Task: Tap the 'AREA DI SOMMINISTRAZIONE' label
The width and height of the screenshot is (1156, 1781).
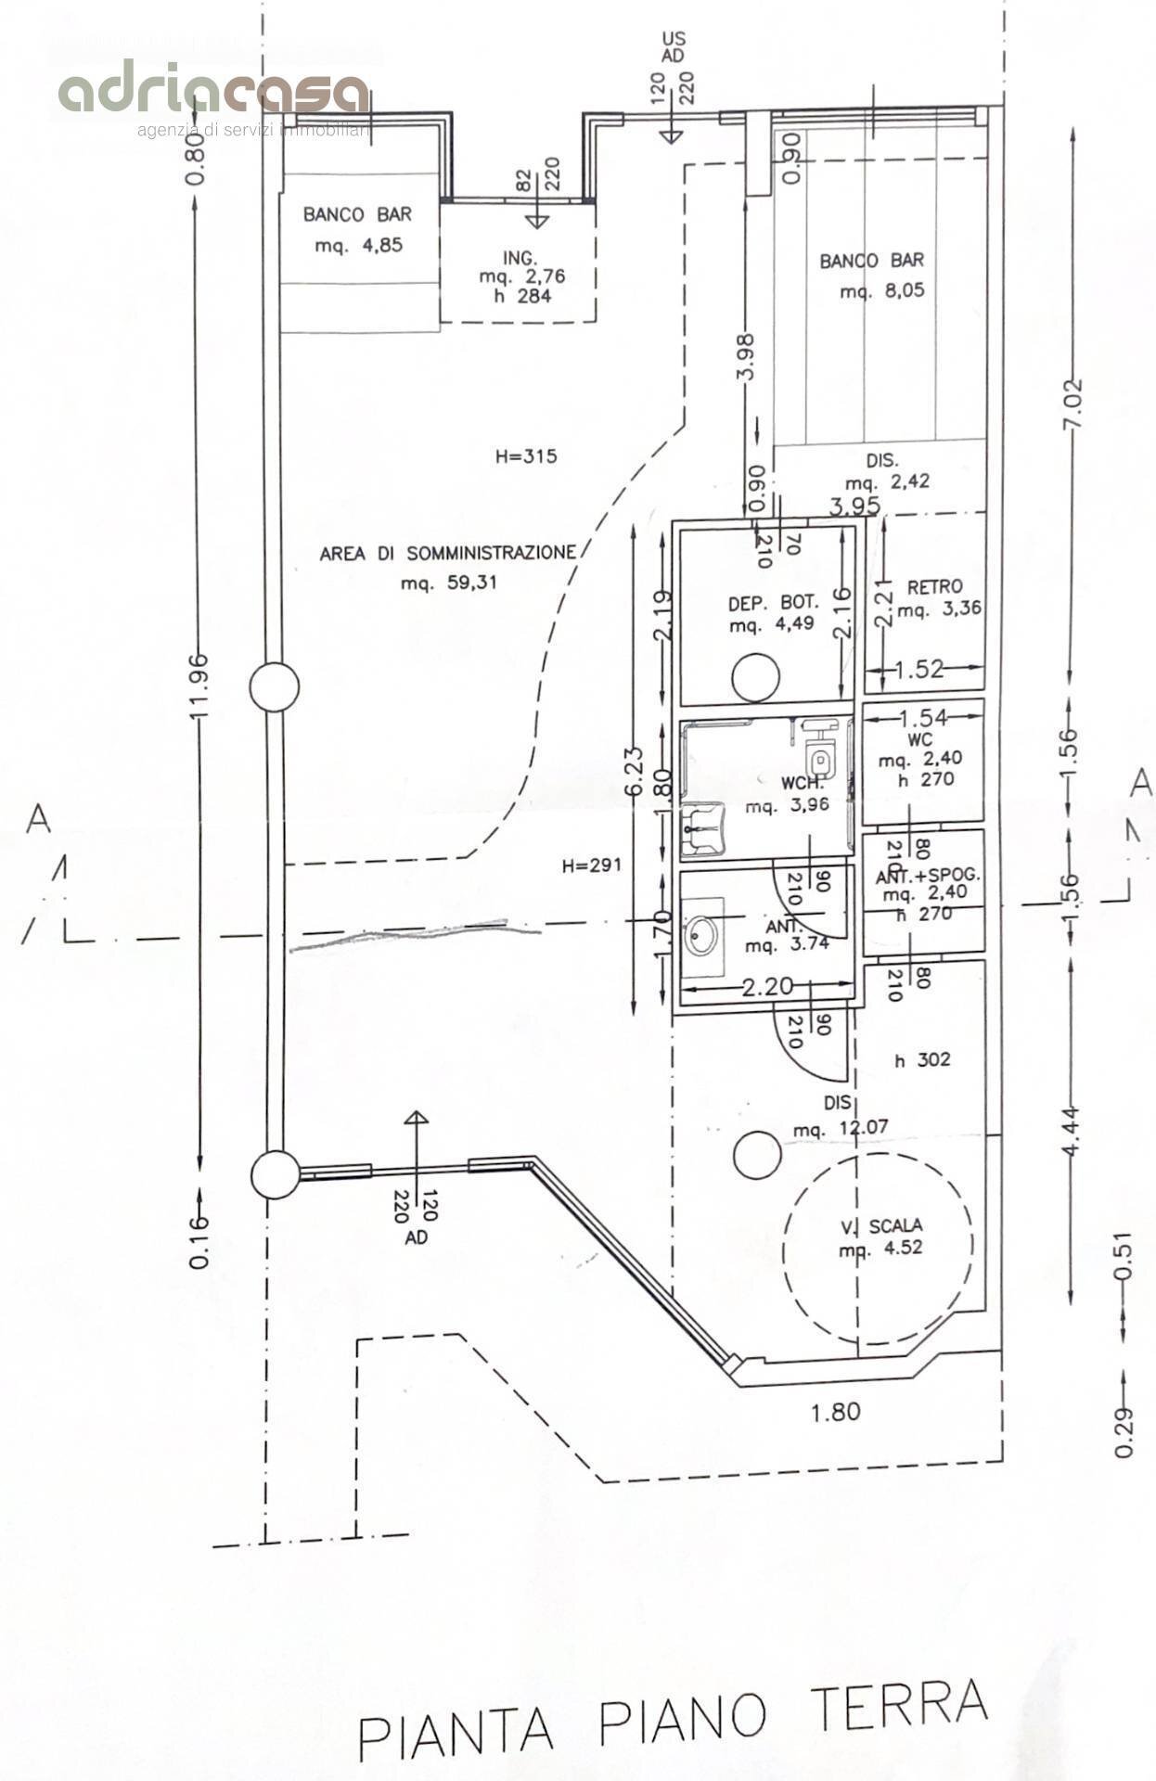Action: click(x=447, y=553)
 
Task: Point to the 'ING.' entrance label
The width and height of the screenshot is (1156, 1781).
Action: click(x=521, y=257)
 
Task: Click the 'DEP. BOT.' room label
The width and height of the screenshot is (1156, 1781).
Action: click(x=773, y=604)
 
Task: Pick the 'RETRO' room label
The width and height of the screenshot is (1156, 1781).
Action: click(x=934, y=587)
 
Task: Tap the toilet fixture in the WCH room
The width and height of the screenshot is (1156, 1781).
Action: click(x=819, y=758)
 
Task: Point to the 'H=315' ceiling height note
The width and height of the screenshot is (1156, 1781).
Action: click(x=525, y=456)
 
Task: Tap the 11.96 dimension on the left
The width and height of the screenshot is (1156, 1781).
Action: click(x=199, y=685)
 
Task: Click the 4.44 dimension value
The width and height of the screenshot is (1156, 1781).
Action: click(x=1071, y=1132)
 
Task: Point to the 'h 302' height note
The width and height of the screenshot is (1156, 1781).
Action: click(x=922, y=1059)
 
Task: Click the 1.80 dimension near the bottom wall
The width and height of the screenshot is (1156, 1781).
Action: click(x=835, y=1412)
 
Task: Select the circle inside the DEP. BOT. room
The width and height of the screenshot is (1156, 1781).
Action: click(x=755, y=677)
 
